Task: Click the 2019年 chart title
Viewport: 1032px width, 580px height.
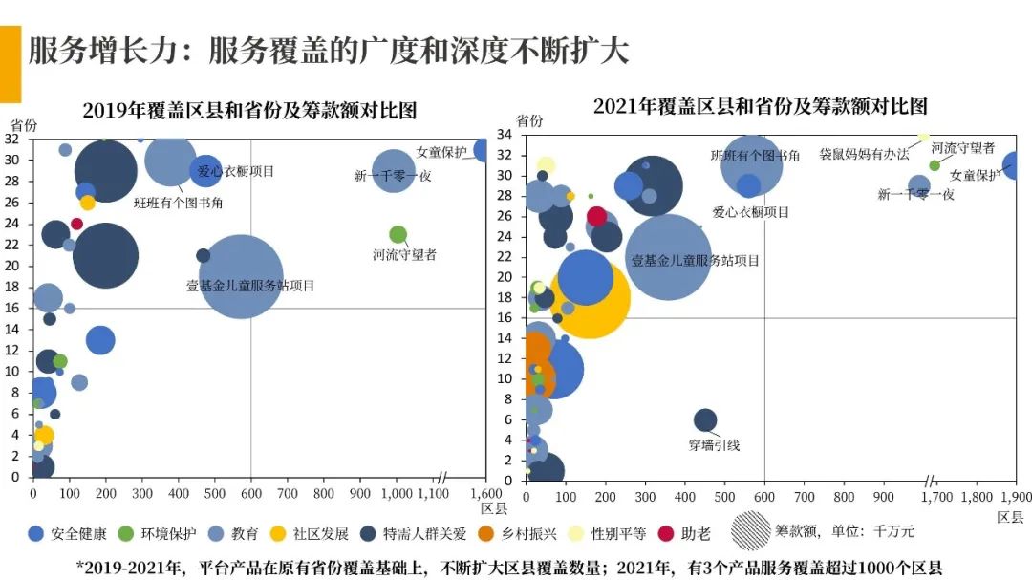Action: pyautogui.click(x=249, y=110)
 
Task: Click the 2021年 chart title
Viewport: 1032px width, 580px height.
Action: pyautogui.click(x=760, y=105)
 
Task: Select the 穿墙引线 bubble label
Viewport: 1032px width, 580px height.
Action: pyautogui.click(x=714, y=445)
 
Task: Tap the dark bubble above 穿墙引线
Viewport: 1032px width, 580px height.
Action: pyautogui.click(x=704, y=420)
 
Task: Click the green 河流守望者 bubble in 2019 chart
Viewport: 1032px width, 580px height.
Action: pyautogui.click(x=398, y=234)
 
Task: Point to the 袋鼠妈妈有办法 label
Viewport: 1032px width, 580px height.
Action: pyautogui.click(x=864, y=154)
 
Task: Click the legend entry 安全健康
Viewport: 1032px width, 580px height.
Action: pyautogui.click(x=67, y=533)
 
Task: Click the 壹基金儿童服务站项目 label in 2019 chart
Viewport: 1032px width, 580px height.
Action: pyautogui.click(x=249, y=286)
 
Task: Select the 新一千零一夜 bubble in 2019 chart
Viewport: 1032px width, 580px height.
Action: pyautogui.click(x=393, y=172)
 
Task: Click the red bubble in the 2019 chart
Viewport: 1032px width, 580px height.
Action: pyautogui.click(x=76, y=224)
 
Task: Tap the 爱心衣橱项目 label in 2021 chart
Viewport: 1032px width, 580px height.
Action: pyautogui.click(x=751, y=212)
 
